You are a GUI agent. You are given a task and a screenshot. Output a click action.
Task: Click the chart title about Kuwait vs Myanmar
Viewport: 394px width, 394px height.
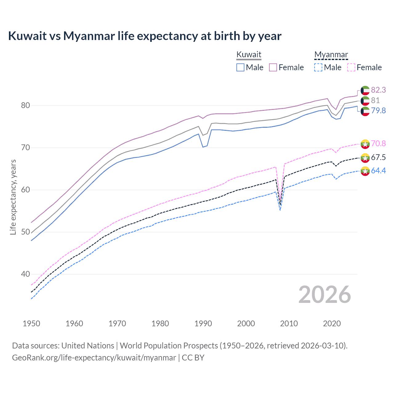pos(145,36)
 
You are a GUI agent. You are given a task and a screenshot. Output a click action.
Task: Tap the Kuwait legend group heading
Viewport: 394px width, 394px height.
pos(249,54)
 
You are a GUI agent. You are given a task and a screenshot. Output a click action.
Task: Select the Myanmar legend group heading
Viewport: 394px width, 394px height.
pos(331,54)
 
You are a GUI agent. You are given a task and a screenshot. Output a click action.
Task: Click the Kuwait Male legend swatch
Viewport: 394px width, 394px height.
pos(240,67)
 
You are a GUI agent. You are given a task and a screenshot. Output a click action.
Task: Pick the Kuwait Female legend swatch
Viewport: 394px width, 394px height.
pos(273,67)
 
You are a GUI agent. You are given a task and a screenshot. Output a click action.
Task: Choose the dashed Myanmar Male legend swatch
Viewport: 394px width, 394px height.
pos(318,67)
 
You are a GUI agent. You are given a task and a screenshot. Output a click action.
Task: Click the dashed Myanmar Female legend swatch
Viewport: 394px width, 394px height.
pos(351,67)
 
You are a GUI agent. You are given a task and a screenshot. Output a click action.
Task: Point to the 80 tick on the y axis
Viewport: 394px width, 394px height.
pos(26,106)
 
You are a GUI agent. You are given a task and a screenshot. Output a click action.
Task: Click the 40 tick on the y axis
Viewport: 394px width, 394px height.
pos(26,274)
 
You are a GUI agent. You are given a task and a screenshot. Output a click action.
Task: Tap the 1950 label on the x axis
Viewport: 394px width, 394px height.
pos(31,324)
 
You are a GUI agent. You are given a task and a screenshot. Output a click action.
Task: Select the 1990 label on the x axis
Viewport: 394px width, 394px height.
pos(203,324)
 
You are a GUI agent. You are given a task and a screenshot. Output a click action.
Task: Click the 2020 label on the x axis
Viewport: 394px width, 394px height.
pos(332,324)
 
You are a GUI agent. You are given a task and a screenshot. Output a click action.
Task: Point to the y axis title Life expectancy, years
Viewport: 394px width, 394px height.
pos(13,197)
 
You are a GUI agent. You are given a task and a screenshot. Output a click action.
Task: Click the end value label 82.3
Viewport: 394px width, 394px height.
pos(378,90)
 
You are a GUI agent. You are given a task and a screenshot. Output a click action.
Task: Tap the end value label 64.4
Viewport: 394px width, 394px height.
pos(378,171)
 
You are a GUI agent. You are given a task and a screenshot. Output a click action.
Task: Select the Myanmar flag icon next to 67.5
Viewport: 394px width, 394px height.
pos(365,158)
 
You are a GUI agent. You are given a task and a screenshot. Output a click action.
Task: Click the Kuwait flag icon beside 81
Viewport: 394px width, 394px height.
pos(365,101)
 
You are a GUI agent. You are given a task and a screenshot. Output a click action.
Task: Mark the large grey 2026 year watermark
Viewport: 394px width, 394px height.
pos(325,295)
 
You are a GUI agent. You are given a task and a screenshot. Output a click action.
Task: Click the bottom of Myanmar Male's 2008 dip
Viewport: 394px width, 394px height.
pos(280,210)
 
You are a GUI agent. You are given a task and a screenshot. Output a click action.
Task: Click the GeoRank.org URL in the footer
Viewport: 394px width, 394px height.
pos(94,358)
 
